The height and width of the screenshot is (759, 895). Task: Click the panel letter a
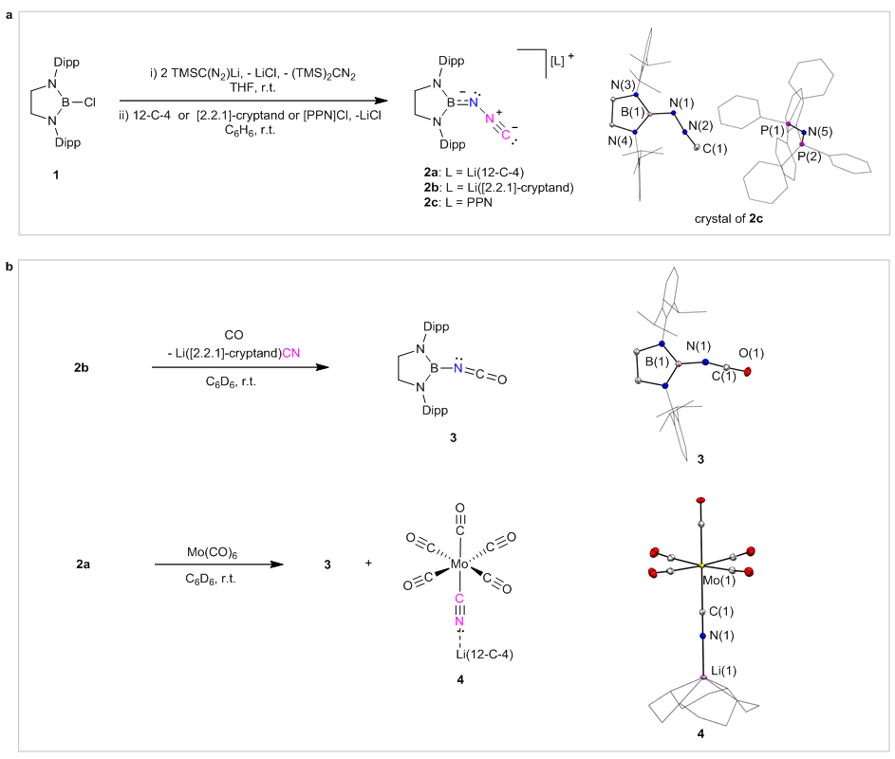[x=9, y=6]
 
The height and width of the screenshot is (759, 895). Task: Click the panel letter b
[x=9, y=268]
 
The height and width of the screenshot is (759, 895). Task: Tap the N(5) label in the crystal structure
[x=819, y=132]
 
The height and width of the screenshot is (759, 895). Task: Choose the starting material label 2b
[x=83, y=366]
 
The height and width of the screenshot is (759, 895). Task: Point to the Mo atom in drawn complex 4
[x=460, y=564]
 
